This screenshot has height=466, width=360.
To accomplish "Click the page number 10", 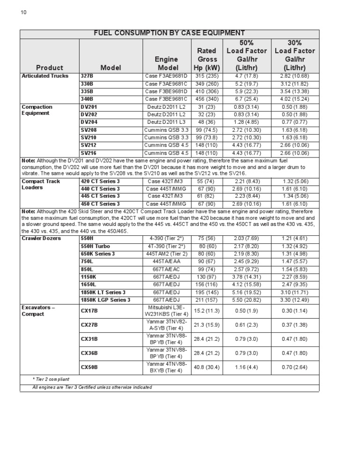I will pos(24,12).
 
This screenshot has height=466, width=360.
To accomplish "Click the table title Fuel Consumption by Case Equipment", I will pos(169,33).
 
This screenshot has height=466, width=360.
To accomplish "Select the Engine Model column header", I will pos(166,63).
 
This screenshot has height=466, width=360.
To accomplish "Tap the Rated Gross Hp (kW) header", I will pos(207,59).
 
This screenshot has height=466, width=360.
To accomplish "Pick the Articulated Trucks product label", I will pos(45,76).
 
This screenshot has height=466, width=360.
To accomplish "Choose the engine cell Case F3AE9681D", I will pos(166,76).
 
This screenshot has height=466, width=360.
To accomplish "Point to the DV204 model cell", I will pos(89,122).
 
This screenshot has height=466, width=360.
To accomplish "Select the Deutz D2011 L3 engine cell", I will pos(166,122).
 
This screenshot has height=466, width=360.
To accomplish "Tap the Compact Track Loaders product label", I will pos(41,184).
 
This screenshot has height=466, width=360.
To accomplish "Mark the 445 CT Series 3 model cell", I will pos(100,196).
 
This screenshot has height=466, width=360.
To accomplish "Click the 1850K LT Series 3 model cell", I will pos(103,292).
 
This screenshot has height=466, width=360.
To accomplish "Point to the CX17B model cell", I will pos(89,310).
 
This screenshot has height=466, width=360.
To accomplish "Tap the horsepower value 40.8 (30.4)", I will pos(207,367).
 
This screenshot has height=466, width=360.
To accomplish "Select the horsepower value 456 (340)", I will pos(207,99).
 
